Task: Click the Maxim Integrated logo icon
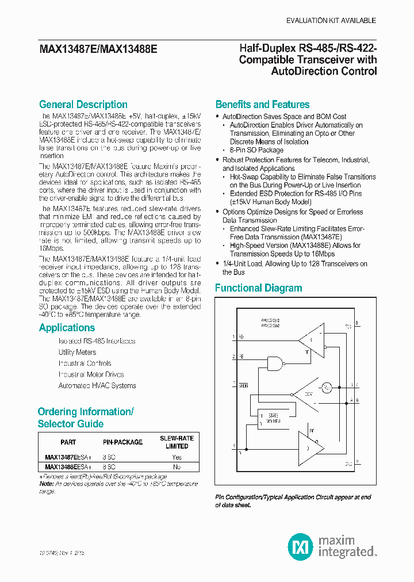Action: (x=300, y=545)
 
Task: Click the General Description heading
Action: (x=83, y=105)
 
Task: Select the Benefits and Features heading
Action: (x=262, y=105)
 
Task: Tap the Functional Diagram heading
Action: (x=258, y=288)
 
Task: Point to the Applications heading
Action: (x=67, y=328)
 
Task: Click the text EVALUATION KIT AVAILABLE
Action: (x=331, y=21)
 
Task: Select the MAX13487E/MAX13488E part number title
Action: (x=98, y=50)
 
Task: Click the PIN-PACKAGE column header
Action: (x=122, y=442)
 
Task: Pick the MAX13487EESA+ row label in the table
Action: (x=68, y=457)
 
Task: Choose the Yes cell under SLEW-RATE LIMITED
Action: (x=177, y=457)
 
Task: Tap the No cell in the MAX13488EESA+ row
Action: (x=177, y=467)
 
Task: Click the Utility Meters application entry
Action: (x=77, y=352)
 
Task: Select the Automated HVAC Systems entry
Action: (x=97, y=385)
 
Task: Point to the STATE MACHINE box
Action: (x=268, y=418)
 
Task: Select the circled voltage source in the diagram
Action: (x=326, y=388)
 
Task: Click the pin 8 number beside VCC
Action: (x=357, y=323)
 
